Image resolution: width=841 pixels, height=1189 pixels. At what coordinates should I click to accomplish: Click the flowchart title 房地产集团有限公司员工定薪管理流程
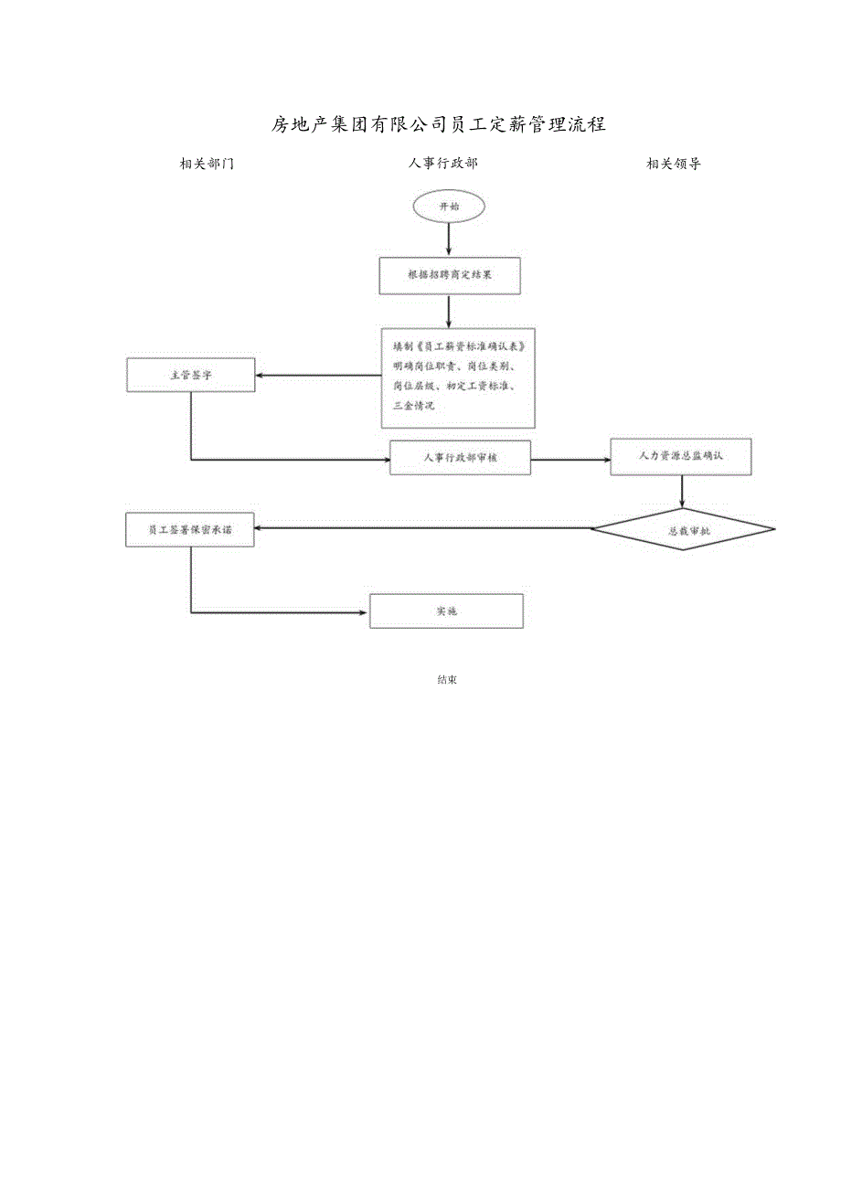coord(439,124)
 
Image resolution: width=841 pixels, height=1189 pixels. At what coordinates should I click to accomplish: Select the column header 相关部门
coord(207,164)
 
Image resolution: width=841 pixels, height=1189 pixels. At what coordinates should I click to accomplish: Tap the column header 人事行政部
coord(442,164)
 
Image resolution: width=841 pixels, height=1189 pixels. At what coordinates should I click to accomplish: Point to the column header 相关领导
coord(674,164)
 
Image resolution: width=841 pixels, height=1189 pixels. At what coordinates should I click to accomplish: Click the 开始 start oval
coord(449,207)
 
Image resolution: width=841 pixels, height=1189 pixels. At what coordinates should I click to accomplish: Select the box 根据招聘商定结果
coord(450,275)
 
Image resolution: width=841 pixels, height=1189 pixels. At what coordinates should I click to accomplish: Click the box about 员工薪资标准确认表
coord(458,377)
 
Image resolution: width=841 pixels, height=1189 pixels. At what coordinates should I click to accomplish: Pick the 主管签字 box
coord(191,375)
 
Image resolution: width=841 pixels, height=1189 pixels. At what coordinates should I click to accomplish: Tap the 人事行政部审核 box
coord(460,457)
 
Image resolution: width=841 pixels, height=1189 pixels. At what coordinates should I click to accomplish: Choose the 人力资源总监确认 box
coord(681,456)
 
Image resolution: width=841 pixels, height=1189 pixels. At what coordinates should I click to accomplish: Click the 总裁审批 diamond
coord(682,529)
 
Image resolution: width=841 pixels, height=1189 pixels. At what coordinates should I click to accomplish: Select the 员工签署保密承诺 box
coord(189,529)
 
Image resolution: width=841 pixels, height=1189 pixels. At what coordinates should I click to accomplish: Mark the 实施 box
coord(446,610)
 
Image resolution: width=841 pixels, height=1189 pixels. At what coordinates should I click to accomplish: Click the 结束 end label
coord(447,680)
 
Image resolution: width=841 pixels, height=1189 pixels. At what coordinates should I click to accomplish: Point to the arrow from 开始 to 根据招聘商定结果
coord(449,239)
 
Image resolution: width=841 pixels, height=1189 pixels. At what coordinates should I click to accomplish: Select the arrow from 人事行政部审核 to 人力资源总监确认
coord(570,459)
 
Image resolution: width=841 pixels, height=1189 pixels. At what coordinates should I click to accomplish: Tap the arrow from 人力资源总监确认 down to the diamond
coord(682,492)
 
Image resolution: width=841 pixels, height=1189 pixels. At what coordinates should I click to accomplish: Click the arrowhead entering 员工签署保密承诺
coord(261,528)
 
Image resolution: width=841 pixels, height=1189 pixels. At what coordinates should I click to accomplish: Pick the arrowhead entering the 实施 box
coord(363,611)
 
